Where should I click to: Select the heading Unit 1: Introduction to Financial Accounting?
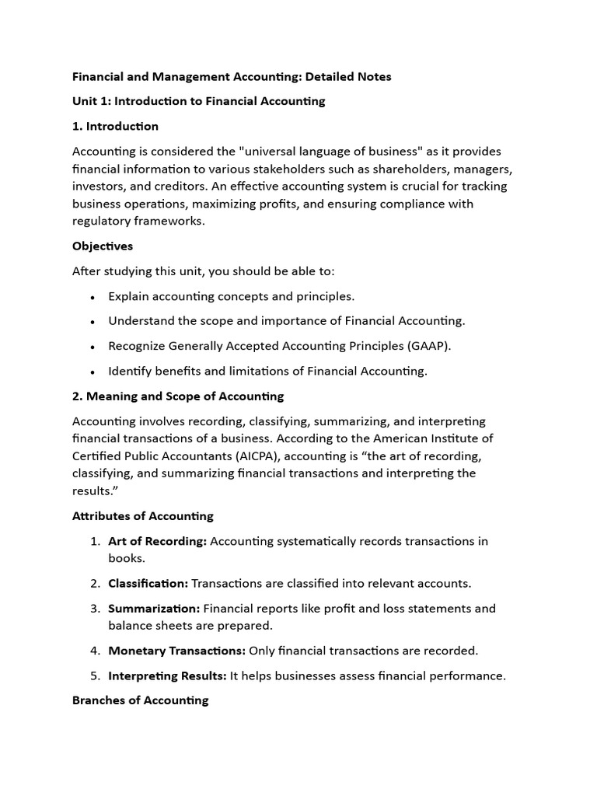pos(198,101)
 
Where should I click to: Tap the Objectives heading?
pos(103,246)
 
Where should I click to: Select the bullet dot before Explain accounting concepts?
pos(93,297)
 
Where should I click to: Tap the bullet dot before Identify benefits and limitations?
pos(93,372)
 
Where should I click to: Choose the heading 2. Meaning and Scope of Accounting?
pos(178,396)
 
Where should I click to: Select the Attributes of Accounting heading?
pos(142,515)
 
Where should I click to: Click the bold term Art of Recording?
pos(157,541)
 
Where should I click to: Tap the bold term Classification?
pos(148,583)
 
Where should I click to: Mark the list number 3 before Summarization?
pos(94,608)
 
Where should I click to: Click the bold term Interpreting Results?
pos(167,676)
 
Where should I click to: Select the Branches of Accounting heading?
pos(140,700)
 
